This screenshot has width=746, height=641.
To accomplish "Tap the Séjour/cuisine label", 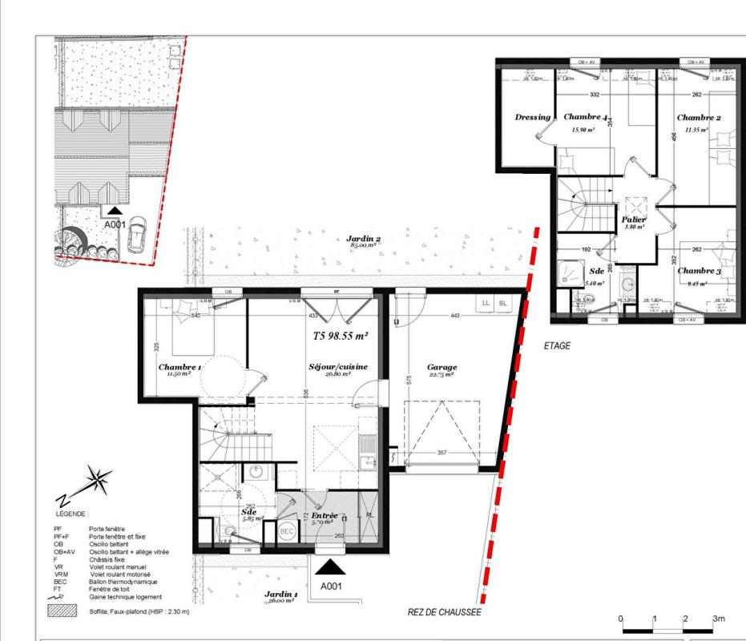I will click(x=337, y=367).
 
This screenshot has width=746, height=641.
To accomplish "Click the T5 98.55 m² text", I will click(x=340, y=337).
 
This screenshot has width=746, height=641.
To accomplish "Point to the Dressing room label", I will click(x=532, y=117).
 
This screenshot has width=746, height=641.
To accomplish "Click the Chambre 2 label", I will click(x=699, y=118).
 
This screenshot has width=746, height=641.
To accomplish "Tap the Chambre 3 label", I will click(x=699, y=271).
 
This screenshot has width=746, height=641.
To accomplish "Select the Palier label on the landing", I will click(x=633, y=219).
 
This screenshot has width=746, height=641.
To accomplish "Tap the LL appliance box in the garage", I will click(x=485, y=303).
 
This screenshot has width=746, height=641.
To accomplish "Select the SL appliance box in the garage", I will click(x=503, y=303).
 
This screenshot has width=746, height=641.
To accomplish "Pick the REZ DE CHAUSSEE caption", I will click(x=444, y=612).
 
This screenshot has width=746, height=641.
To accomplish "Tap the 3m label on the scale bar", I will click(x=719, y=619).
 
